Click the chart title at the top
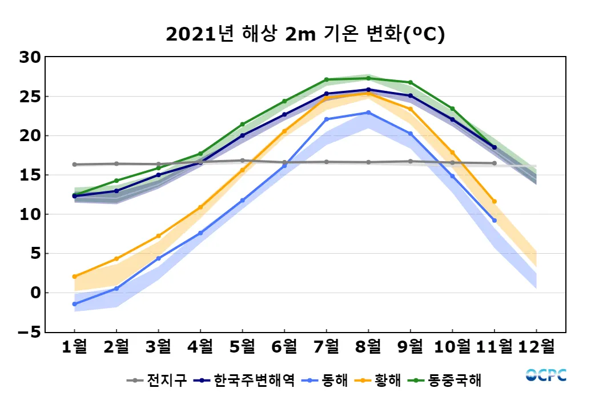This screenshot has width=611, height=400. (x=305, y=34)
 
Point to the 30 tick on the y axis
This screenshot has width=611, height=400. (x=30, y=57)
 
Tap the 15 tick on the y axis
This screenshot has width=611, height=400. (x=30, y=175)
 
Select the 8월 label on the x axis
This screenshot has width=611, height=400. (x=368, y=346)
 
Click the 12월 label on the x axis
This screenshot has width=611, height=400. (x=536, y=346)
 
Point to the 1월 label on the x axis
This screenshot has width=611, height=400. (x=74, y=346)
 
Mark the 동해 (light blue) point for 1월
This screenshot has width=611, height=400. (x=74, y=304)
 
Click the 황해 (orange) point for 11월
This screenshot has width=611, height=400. (x=495, y=201)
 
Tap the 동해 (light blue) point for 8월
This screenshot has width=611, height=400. (x=368, y=113)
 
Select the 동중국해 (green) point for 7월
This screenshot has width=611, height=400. (x=326, y=80)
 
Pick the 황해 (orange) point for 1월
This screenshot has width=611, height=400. (x=74, y=277)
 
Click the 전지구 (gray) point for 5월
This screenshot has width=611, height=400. (x=242, y=161)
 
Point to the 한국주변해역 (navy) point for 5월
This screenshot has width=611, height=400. (x=242, y=135)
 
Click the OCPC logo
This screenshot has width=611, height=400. (x=546, y=375)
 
